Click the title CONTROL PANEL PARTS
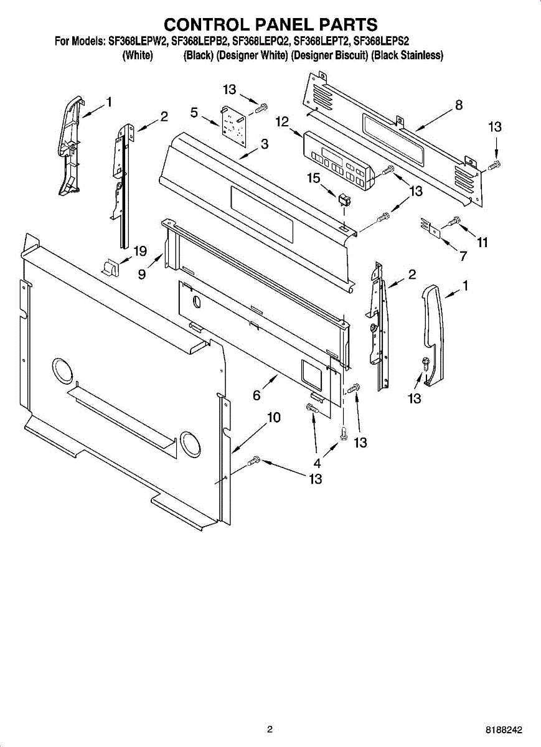tap(270, 24)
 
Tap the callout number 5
tap(194, 113)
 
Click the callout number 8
tap(459, 105)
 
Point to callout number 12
tap(282, 121)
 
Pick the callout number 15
tap(314, 178)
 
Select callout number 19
tap(140, 251)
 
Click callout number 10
tap(274, 418)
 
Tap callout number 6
tap(256, 395)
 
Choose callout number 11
tap(482, 243)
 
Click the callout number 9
tap(143, 273)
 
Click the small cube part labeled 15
tap(342, 200)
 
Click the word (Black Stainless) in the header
tap(407, 56)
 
